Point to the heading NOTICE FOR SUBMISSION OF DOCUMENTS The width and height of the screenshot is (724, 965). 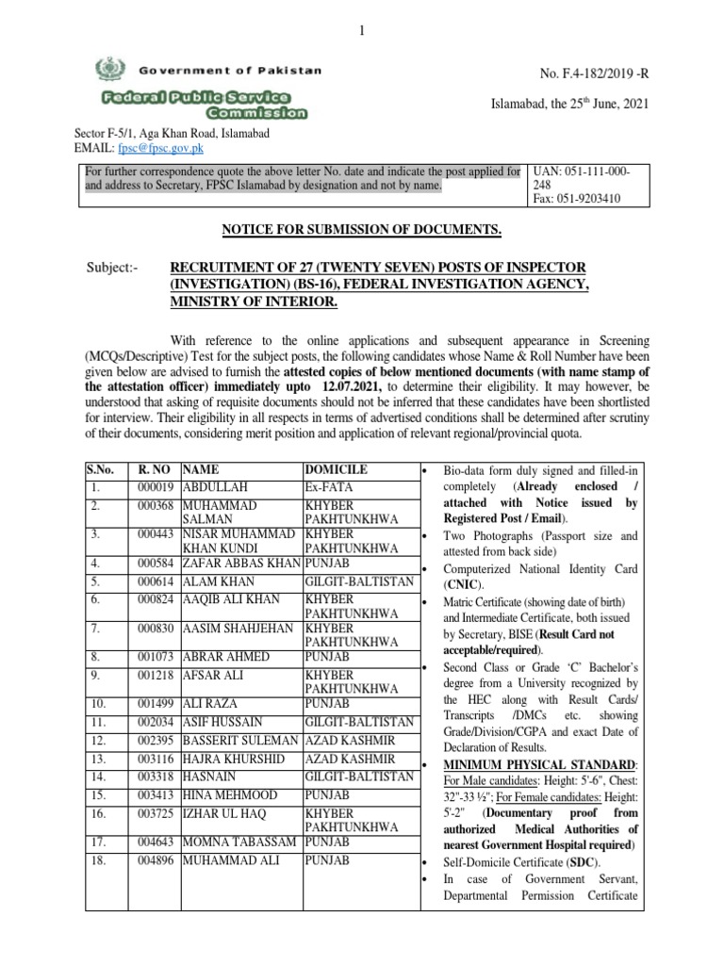pos(361,231)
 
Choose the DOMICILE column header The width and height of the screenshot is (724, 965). pos(336,469)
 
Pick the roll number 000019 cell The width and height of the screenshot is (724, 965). pos(156,488)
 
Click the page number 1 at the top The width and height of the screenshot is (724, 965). pos(361,33)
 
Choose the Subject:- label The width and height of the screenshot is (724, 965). pos(112,268)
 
